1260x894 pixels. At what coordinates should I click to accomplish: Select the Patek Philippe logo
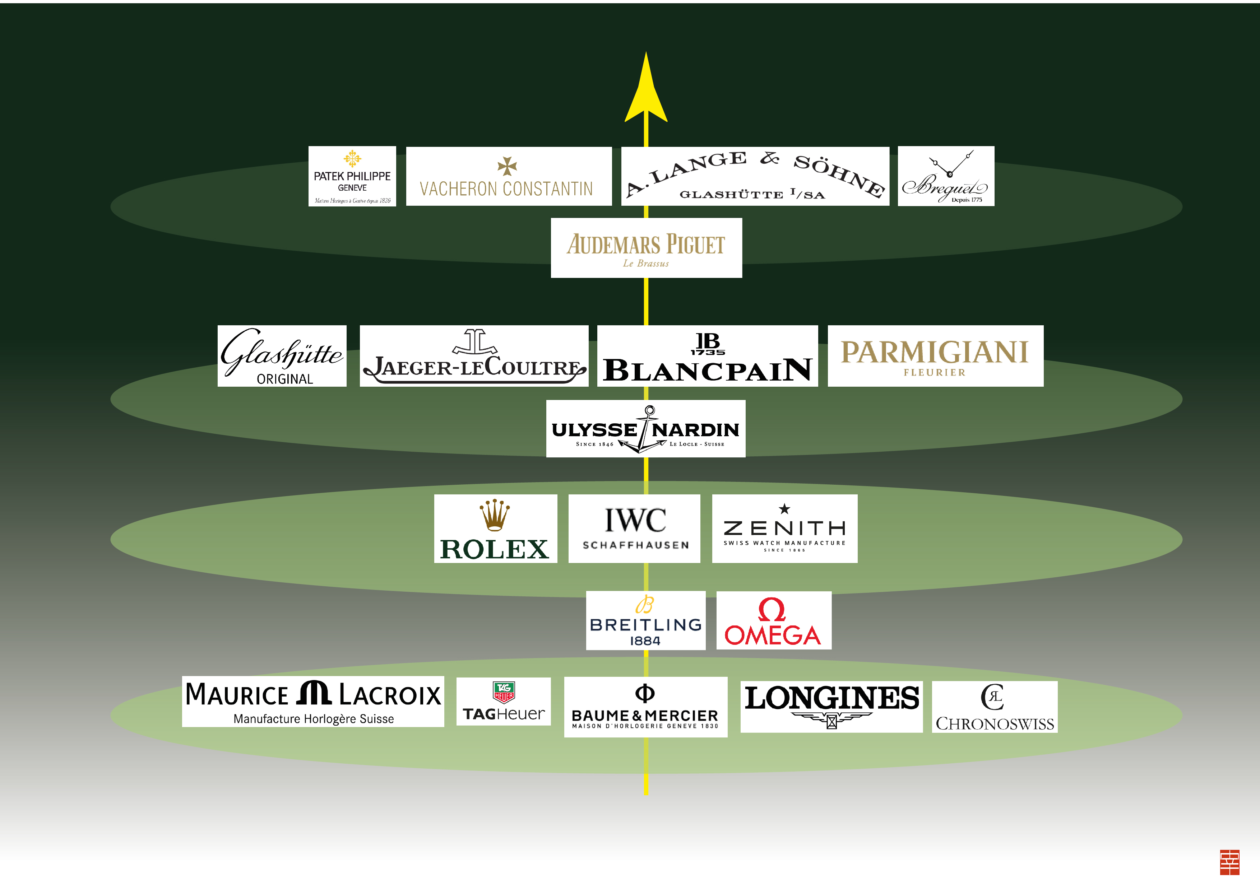tap(352, 176)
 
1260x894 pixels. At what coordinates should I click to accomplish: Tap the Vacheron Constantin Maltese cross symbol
tap(507, 166)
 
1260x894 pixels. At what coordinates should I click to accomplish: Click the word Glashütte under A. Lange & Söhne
tap(731, 194)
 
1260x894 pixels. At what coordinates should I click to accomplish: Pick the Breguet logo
tap(946, 176)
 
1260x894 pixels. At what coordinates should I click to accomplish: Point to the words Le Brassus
tap(646, 264)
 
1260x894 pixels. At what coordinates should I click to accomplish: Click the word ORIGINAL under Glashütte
tap(285, 379)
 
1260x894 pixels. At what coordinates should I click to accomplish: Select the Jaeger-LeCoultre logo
tap(474, 356)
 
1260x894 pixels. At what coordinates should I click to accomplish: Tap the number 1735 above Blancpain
tap(708, 352)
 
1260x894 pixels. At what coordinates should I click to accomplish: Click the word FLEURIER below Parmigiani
tap(935, 373)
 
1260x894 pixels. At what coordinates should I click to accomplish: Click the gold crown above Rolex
tap(495, 515)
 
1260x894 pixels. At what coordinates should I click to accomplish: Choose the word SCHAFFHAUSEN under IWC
tap(635, 545)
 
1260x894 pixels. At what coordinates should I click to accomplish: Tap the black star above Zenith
tap(784, 509)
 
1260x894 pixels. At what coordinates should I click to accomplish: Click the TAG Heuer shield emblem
tap(503, 692)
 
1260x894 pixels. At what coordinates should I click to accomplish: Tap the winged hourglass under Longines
tap(831, 720)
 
